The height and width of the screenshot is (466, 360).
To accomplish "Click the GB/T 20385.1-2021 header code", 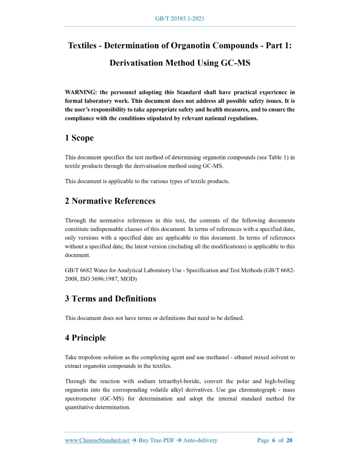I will click(x=180, y=19).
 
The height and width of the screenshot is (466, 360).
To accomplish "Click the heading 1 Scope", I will click(x=79, y=138).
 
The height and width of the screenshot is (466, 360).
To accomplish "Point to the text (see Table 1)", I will click(x=267, y=157).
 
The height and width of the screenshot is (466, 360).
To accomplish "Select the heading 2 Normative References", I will click(x=110, y=201).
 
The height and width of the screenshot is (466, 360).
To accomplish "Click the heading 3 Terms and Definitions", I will click(x=111, y=298).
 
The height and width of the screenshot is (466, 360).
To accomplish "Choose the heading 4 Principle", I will click(x=85, y=338).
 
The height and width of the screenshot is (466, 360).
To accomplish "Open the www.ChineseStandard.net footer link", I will click(x=97, y=440).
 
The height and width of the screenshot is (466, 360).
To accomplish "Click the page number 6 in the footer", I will click(x=274, y=440).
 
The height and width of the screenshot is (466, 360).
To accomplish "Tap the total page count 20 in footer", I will click(x=290, y=440).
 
